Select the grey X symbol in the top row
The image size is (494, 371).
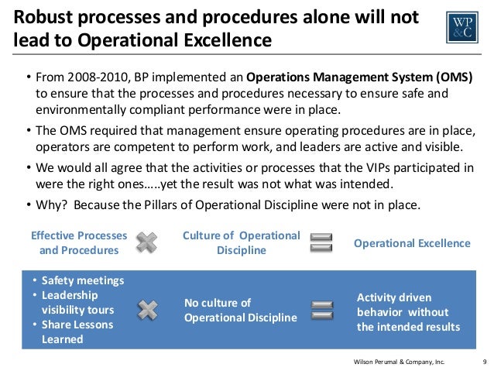click(146, 242)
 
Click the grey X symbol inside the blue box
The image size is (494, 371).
click(146, 310)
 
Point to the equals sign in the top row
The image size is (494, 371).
click(320, 242)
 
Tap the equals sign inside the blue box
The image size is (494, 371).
click(320, 310)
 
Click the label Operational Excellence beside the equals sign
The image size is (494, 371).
click(412, 243)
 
